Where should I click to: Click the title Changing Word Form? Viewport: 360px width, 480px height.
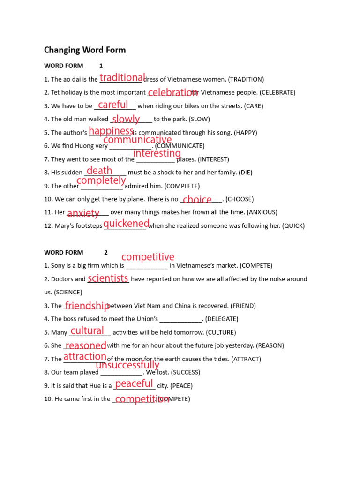[x=85, y=50]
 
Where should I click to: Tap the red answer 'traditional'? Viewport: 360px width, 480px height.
[x=122, y=77]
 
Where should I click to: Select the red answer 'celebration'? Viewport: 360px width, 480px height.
[x=172, y=92]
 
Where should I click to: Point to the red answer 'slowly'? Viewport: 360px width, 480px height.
[x=126, y=119]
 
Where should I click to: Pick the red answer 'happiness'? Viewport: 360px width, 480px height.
[x=111, y=131]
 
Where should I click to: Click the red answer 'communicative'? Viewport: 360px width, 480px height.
[x=137, y=140]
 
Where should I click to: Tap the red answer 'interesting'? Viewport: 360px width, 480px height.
[x=157, y=153]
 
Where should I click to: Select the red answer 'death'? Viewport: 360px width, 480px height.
[x=99, y=171]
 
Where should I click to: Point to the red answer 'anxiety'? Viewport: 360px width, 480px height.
[x=83, y=213]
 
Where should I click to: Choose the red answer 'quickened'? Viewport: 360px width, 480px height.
[x=126, y=224]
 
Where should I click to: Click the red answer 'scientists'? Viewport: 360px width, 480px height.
[x=108, y=278]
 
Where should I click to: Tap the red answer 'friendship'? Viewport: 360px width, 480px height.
[x=87, y=306]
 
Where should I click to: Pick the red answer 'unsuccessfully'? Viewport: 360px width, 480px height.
[x=127, y=365]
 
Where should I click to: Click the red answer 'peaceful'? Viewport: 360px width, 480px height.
[x=134, y=383]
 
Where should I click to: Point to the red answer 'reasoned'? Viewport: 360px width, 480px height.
[x=85, y=346]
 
